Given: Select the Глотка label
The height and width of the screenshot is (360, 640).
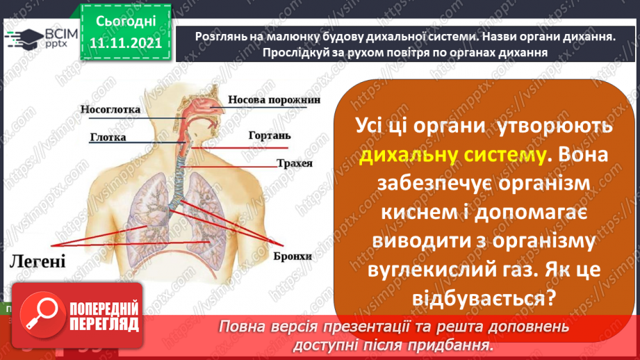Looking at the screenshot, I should click(x=108, y=137).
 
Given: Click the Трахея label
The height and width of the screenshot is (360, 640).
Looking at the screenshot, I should click(x=293, y=164).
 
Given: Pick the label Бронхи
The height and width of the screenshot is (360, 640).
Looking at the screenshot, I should click(x=291, y=256).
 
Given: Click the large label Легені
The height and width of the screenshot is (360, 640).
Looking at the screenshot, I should click(x=38, y=261).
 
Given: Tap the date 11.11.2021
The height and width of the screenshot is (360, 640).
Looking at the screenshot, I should click(x=124, y=44).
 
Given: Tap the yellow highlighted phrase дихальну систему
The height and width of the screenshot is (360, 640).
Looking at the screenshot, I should click(x=452, y=156).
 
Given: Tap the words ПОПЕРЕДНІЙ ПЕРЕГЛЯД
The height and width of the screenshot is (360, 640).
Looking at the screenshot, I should click(x=104, y=316).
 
